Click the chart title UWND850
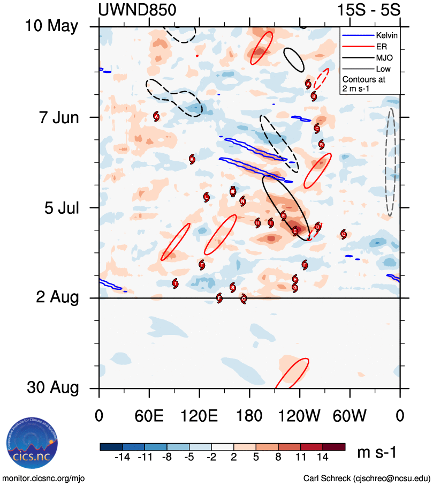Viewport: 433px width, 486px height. tap(137, 10)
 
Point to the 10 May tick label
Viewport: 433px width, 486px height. tap(51, 26)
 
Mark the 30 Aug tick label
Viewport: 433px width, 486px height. tap(51, 388)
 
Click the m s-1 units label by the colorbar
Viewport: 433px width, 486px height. tap(376, 453)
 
